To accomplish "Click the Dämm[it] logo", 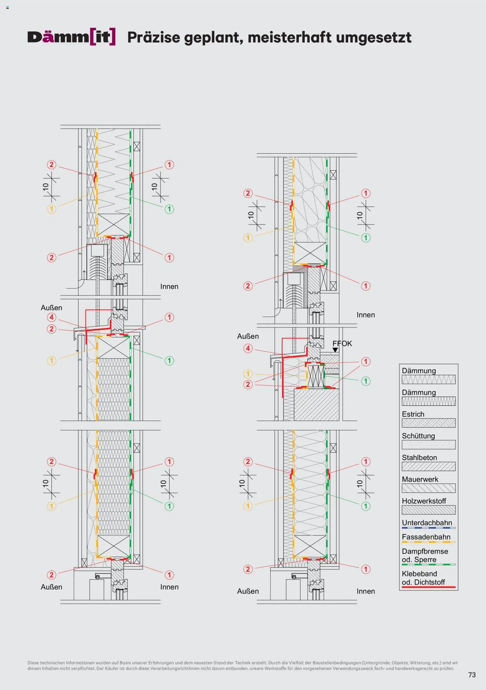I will (x=71, y=37).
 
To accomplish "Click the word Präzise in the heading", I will (x=154, y=37).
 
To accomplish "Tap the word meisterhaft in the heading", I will (x=289, y=37).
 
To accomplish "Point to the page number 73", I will (x=472, y=675).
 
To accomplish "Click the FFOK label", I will (x=342, y=343).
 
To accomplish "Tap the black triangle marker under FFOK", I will (x=335, y=350).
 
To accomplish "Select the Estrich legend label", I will (x=413, y=414).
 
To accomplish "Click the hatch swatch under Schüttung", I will (x=428, y=444).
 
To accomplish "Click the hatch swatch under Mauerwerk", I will (x=428, y=488).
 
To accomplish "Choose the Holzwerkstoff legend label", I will (x=424, y=501).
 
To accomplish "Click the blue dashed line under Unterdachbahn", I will (x=428, y=528).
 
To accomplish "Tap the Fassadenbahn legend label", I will (x=426, y=537).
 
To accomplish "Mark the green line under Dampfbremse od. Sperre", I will (x=428, y=565).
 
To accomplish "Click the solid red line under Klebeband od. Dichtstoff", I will (x=428, y=587).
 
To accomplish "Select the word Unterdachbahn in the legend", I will (x=427, y=523).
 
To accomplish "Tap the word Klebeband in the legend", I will (x=419, y=574).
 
